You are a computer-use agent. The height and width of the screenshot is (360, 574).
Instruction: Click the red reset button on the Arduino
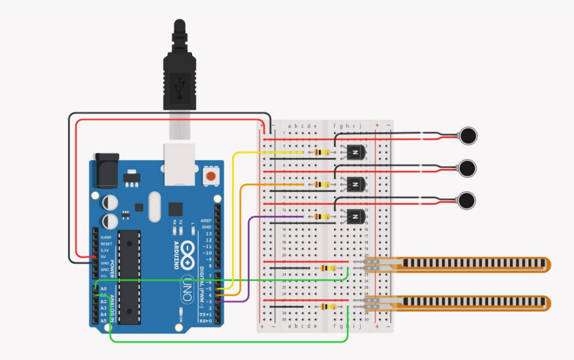coord(210,177)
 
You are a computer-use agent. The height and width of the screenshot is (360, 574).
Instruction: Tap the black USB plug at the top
coord(179,72)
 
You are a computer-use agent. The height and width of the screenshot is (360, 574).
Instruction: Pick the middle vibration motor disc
coord(468,168)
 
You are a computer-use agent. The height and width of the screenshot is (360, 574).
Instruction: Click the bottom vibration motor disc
coord(467,201)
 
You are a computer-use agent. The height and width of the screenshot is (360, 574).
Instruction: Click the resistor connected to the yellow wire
coord(322,152)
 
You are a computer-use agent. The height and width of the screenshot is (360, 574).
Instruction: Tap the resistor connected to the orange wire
coord(322,185)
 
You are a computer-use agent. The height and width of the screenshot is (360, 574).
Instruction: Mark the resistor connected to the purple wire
coord(322,217)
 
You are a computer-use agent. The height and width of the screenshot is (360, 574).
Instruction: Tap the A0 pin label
coord(104,289)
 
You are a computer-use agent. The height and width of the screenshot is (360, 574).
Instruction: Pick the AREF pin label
coord(206,221)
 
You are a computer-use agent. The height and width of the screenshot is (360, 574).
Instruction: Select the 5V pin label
coord(103,256)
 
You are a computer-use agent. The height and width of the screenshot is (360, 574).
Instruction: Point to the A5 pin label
coord(104,321)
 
